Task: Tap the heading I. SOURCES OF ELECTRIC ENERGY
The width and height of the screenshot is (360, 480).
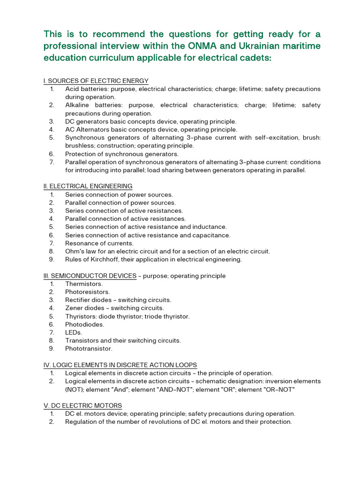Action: click(96, 81)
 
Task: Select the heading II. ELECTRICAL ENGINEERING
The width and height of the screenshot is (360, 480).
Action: click(88, 186)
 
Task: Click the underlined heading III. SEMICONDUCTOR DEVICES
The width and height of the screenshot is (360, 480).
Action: click(90, 276)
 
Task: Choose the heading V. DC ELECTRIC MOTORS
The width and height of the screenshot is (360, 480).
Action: click(82, 405)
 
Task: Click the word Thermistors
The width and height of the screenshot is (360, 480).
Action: click(83, 284)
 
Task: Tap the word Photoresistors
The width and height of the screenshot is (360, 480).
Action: click(87, 292)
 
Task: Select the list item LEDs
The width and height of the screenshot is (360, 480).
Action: click(73, 332)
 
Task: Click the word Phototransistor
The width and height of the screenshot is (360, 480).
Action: click(89, 349)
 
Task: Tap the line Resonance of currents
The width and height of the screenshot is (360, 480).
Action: click(99, 243)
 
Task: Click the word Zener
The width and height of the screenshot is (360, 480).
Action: click(74, 308)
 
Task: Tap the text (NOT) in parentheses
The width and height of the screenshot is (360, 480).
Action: click(75, 389)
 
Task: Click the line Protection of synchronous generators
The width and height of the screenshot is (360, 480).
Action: click(121, 154)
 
